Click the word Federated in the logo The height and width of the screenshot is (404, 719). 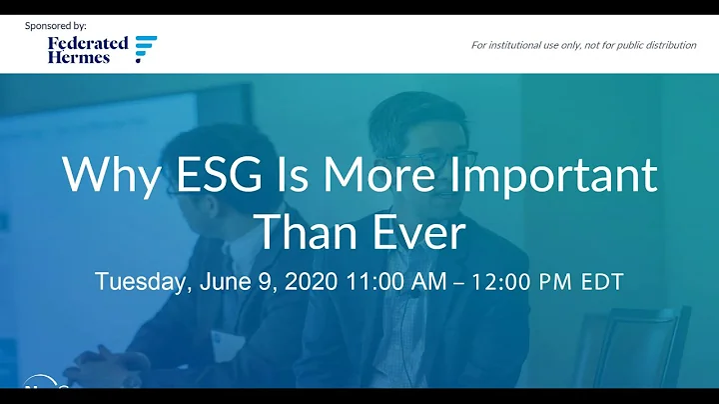coord(88,43)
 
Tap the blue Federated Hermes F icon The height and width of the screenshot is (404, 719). coord(146,49)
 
